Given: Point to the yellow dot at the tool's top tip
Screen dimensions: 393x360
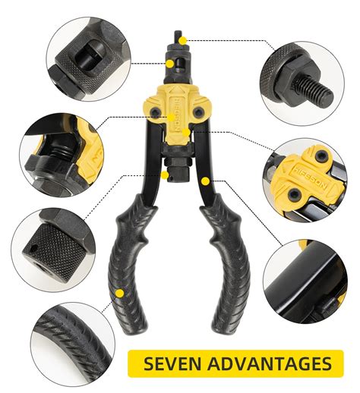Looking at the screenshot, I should pos(183,39).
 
